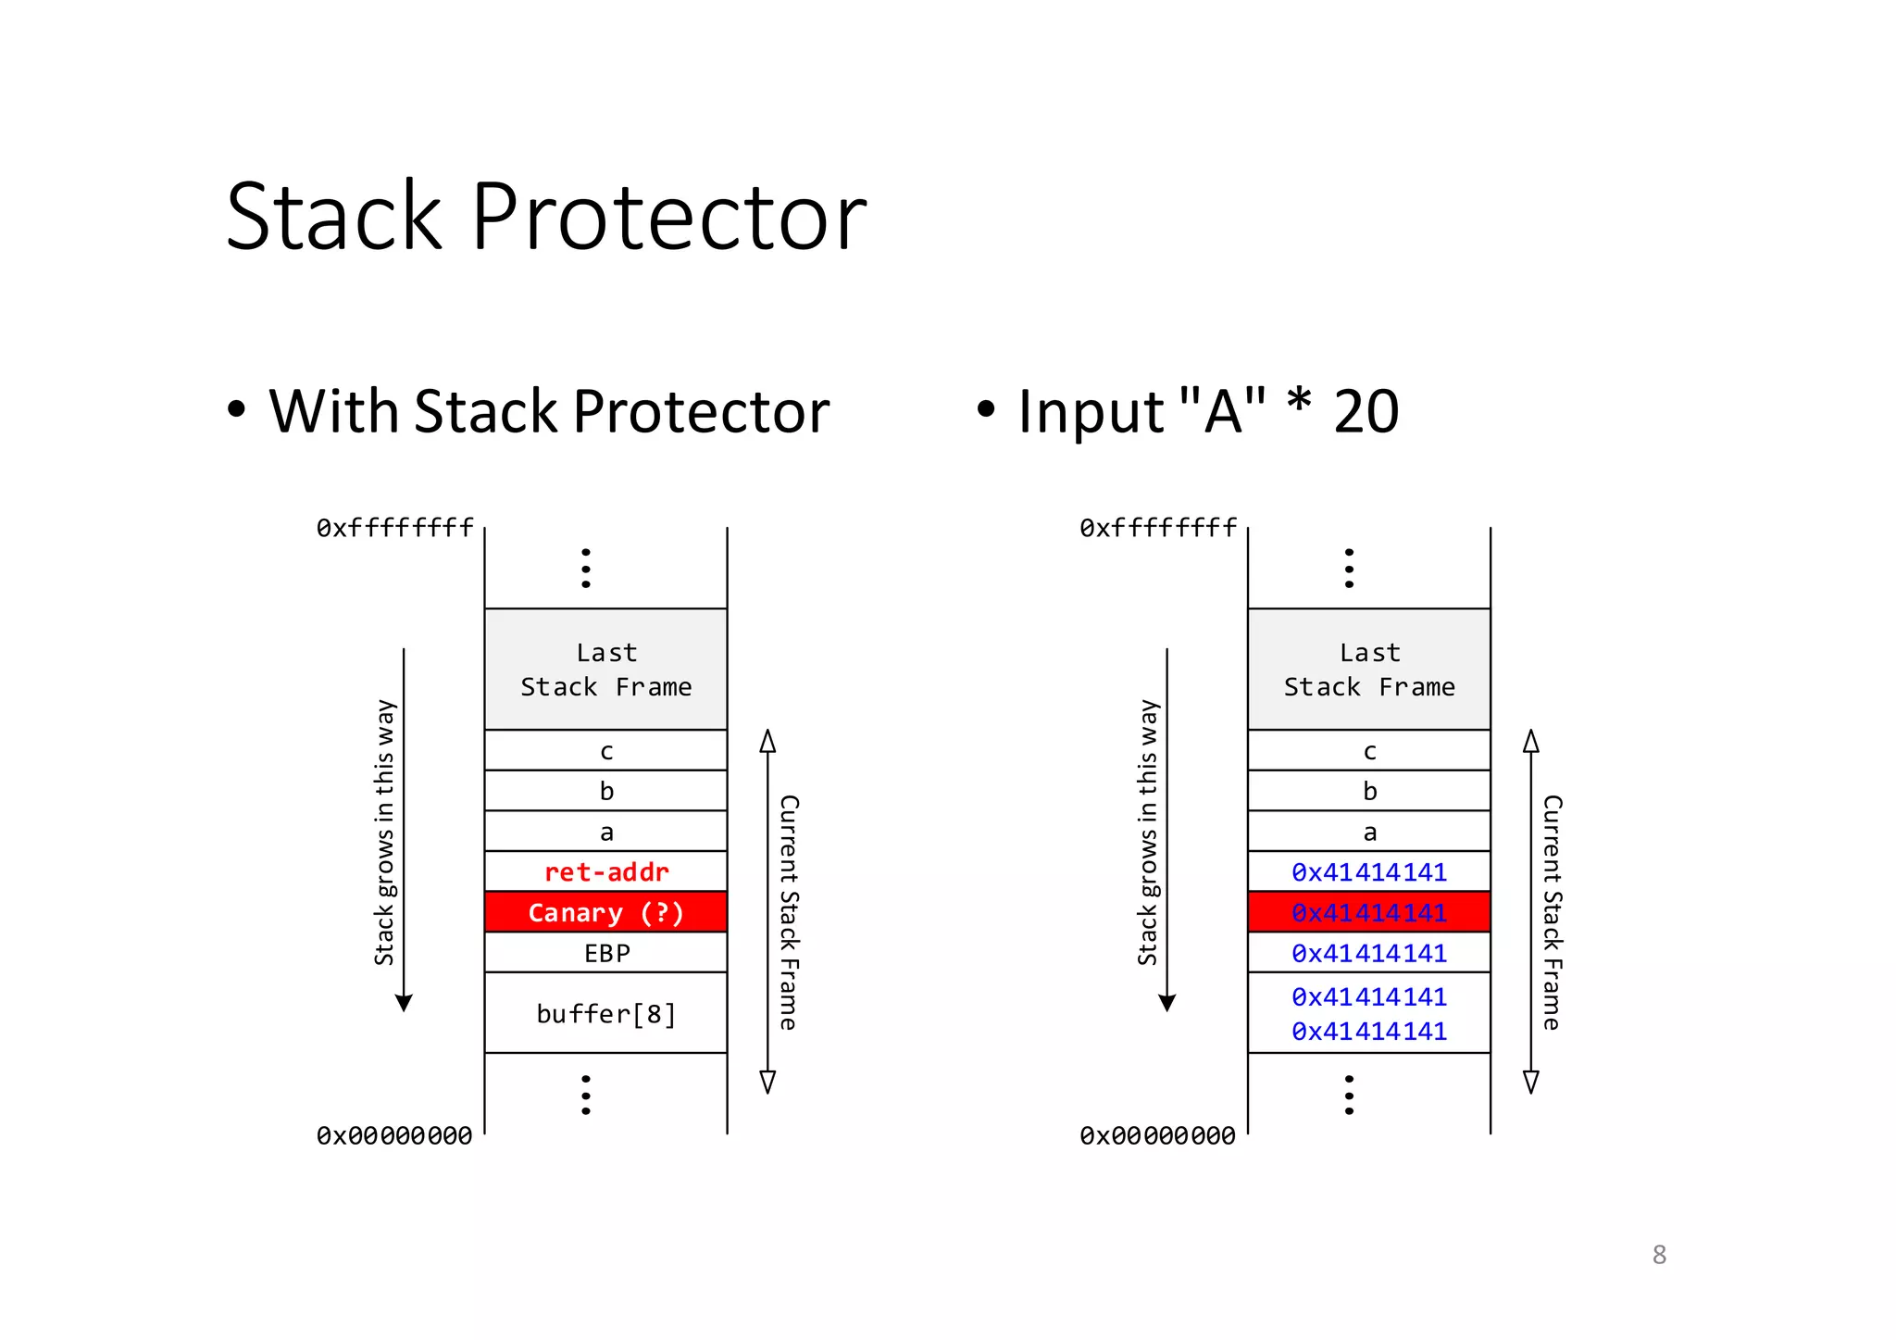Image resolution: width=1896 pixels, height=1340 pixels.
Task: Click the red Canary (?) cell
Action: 606,912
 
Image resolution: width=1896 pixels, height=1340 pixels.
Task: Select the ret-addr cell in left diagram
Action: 606,871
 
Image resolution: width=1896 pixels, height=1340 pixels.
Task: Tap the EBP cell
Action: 606,953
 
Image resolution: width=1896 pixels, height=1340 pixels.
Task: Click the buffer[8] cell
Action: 606,1013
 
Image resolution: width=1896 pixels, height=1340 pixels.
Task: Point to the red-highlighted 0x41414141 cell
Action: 1368,912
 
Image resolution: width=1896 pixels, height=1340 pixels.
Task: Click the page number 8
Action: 1659,1255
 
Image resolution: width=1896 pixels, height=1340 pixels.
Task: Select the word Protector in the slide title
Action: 668,218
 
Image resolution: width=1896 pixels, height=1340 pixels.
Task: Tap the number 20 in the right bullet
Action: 1366,411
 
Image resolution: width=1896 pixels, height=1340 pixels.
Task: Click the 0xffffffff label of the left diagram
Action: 394,528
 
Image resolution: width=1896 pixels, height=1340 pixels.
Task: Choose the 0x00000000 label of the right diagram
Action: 1157,1135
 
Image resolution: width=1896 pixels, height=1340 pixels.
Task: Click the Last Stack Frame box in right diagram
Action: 1368,670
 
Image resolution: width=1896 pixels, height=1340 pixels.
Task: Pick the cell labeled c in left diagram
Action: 606,751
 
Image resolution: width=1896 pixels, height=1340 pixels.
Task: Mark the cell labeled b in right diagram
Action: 1368,791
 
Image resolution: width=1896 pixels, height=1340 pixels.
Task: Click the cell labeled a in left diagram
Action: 606,832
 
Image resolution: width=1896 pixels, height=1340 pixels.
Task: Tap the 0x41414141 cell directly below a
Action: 1368,871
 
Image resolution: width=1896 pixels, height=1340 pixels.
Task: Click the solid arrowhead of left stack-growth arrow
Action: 404,1003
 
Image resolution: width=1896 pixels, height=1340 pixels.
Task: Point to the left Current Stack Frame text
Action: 789,912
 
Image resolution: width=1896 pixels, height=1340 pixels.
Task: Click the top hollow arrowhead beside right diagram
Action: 1531,741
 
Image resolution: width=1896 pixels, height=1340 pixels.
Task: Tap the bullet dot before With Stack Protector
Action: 237,408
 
